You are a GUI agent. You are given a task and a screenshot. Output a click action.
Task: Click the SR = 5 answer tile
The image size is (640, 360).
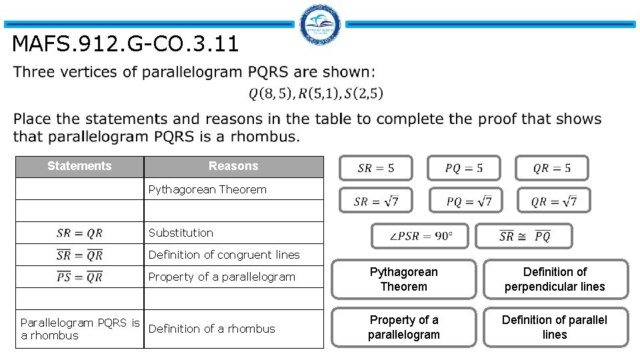tap(376, 168)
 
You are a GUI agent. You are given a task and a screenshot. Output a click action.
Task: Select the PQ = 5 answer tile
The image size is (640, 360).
tap(464, 168)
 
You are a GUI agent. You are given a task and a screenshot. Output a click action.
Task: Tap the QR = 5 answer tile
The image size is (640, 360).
tap(552, 168)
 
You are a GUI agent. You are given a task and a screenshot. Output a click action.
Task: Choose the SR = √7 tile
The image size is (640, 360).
tap(376, 201)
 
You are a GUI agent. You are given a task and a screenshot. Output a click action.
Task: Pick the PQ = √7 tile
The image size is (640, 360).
tap(469, 201)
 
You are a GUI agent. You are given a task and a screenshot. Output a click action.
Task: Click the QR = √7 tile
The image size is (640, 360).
tap(554, 201)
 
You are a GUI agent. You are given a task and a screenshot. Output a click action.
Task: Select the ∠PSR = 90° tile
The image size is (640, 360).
tap(420, 236)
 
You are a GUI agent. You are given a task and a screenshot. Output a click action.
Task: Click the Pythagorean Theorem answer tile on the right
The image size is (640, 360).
tap(404, 279)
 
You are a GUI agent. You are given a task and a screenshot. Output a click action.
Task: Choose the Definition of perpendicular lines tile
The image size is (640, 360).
tap(555, 279)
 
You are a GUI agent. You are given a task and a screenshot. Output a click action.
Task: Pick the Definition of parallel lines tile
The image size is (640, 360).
tap(555, 327)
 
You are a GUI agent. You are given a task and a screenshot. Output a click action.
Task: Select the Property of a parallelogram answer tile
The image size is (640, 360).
tap(404, 327)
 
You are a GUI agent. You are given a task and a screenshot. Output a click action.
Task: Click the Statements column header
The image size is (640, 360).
tap(79, 166)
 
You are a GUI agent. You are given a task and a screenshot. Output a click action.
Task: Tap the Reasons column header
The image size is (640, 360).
tap(233, 166)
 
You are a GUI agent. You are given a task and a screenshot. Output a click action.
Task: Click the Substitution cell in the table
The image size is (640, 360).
tap(233, 233)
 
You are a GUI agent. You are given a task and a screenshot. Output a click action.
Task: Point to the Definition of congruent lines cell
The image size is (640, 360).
tap(233, 255)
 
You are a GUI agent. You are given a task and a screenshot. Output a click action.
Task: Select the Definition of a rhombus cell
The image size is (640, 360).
tap(233, 329)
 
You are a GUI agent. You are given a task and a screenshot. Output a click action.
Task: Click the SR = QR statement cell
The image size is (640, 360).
tap(79, 233)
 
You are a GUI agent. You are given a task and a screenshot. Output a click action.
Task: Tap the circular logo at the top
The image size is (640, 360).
tap(321, 25)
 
